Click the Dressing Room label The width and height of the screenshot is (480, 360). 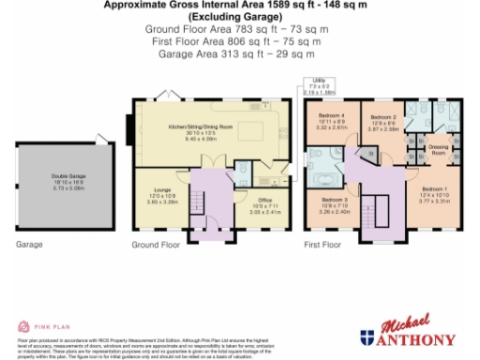pyautogui.click(x=438, y=148)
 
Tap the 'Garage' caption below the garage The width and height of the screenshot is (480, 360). pyautogui.click(x=29, y=245)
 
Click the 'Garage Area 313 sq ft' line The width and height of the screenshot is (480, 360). pyautogui.click(x=239, y=53)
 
